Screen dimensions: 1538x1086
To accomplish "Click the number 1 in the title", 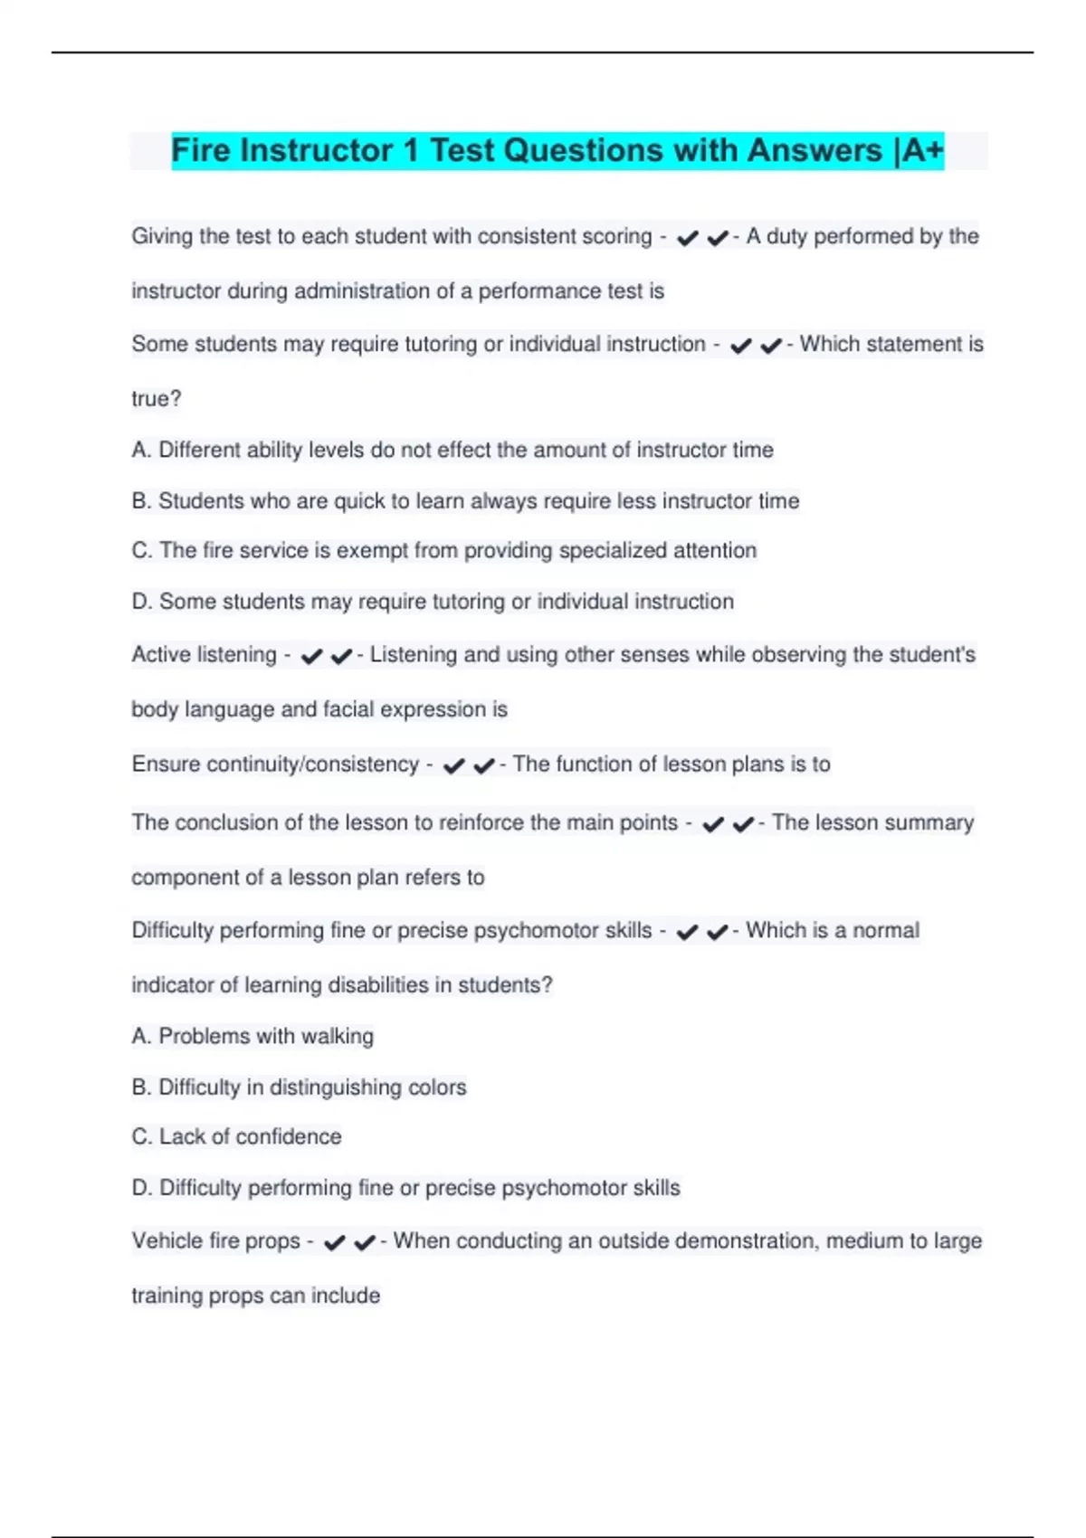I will point(411,150).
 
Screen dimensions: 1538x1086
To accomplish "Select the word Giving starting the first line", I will point(162,237).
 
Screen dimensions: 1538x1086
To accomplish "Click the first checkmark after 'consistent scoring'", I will point(688,238).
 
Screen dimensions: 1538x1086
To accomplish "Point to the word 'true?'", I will point(157,399).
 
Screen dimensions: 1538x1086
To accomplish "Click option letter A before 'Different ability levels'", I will point(140,450).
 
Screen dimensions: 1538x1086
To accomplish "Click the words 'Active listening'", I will point(204,654).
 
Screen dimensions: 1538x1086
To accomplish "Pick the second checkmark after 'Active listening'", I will point(341,657).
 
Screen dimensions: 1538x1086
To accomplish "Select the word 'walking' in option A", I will point(337,1036).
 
